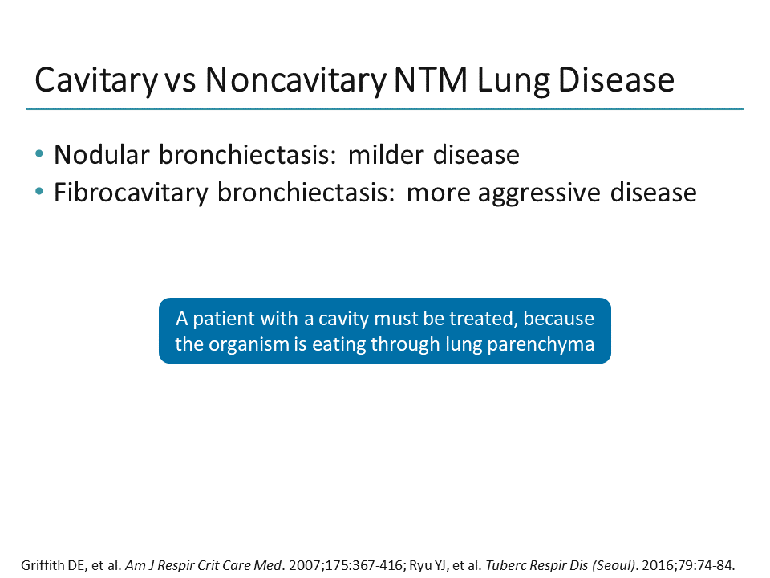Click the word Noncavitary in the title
292,81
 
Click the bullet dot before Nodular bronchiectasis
40,153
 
